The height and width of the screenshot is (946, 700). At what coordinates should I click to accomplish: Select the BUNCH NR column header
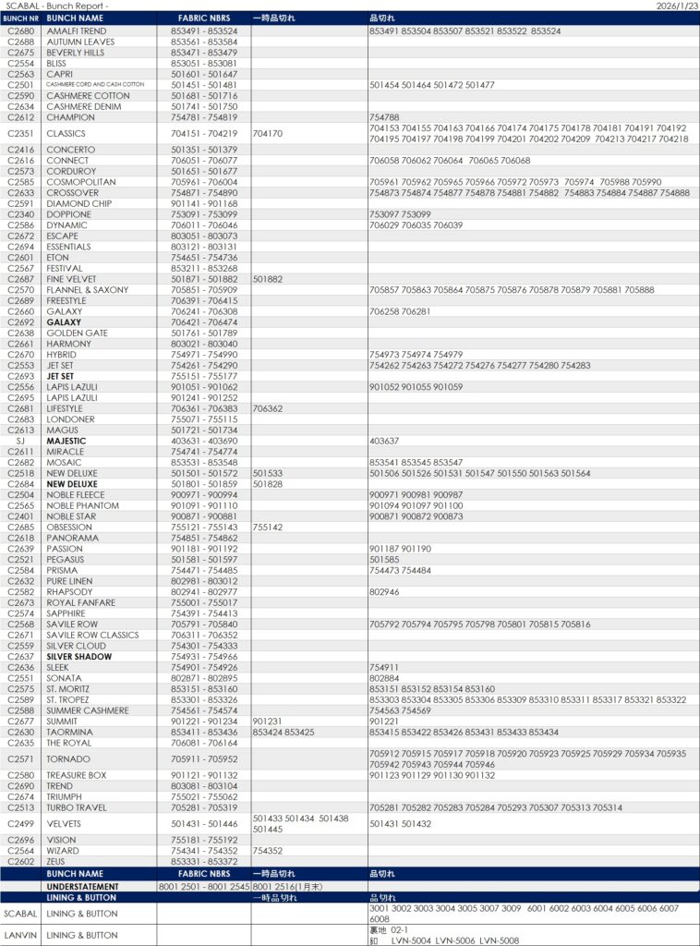[20, 18]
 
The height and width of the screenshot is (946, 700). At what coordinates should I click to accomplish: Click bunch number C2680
[20, 31]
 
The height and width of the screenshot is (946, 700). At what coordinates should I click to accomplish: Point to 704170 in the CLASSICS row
[267, 134]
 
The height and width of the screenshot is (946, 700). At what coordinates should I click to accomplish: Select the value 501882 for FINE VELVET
[267, 279]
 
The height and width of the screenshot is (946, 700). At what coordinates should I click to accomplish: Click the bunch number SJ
[20, 441]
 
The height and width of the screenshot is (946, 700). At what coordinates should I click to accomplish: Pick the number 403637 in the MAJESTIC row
[384, 441]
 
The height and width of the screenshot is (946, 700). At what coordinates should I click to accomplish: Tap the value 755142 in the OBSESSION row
[267, 527]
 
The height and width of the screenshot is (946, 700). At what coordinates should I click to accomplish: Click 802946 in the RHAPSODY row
[384, 591]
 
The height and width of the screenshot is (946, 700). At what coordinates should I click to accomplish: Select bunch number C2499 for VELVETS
[20, 823]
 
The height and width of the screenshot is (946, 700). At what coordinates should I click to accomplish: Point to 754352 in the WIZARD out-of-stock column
[267, 851]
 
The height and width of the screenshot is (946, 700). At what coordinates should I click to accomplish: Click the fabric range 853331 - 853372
[204, 861]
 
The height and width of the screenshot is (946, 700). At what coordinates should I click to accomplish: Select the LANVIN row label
[20, 936]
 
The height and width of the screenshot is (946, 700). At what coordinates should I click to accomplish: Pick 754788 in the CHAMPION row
[384, 117]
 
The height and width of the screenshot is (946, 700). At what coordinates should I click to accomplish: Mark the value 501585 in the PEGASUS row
[384, 559]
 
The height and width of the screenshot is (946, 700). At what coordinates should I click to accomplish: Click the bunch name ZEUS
[56, 861]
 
